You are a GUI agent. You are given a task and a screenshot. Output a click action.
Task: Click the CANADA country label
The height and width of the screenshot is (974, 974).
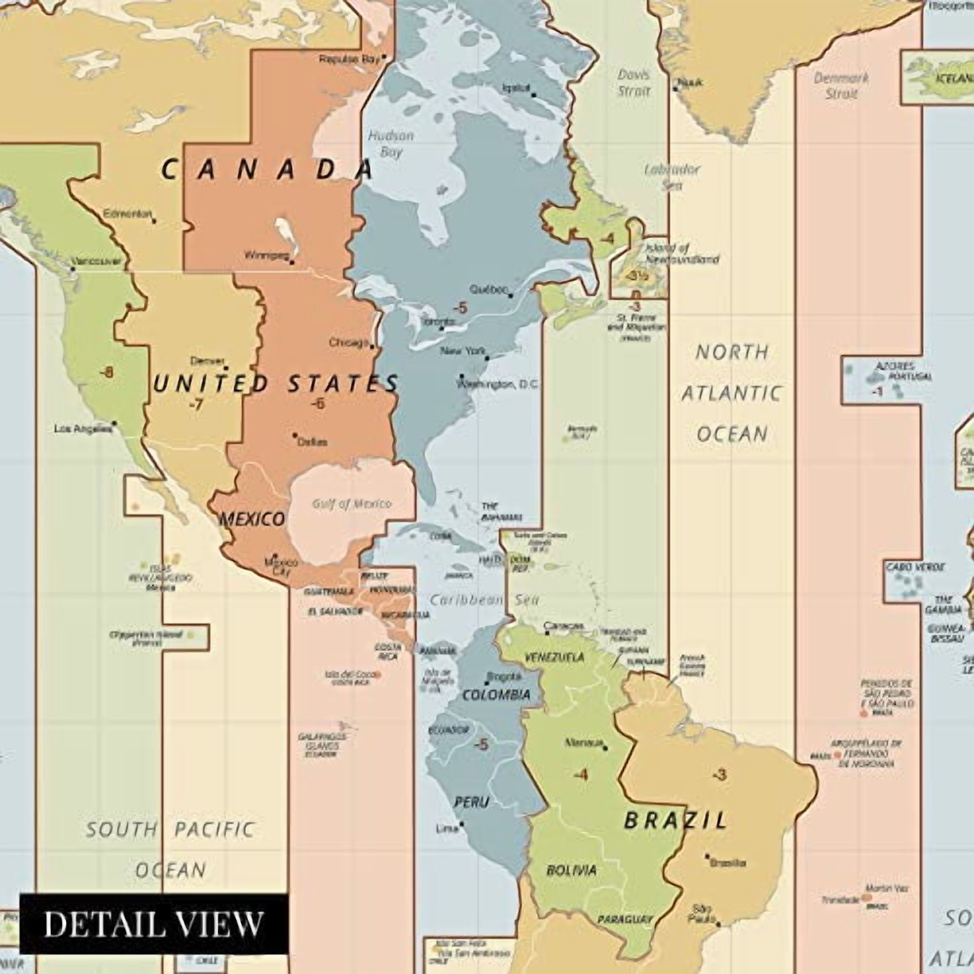[267, 169]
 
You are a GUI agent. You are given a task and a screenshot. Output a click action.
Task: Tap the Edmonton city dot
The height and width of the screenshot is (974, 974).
[154, 221]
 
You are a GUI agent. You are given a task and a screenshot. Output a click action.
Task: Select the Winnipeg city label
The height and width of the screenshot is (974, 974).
[266, 256]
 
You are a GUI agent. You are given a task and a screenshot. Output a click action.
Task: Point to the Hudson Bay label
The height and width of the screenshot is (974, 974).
[391, 144]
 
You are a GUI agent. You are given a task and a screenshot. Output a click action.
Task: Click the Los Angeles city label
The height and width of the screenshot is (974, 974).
[82, 429]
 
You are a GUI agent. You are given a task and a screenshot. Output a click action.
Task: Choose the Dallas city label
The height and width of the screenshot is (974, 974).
[312, 442]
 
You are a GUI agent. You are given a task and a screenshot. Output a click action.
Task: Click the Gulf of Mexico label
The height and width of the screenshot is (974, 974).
[352, 504]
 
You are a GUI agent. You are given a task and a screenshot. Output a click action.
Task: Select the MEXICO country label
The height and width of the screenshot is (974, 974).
[253, 519]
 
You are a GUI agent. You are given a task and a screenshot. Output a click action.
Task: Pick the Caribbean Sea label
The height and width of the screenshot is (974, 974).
[484, 599]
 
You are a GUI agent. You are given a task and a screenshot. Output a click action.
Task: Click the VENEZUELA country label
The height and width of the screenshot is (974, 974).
[555, 657]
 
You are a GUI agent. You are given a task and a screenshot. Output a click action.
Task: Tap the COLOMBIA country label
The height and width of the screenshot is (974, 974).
[496, 695]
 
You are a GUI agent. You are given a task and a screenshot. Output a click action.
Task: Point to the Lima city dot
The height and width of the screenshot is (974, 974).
[461, 824]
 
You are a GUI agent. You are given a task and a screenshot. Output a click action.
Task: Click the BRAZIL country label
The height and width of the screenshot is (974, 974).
[675, 821]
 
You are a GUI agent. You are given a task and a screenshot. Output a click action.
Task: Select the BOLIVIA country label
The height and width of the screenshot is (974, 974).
[571, 870]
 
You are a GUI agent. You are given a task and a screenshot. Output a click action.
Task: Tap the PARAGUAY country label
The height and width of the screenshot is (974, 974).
[625, 919]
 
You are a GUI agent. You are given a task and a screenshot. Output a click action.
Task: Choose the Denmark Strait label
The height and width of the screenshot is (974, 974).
[841, 86]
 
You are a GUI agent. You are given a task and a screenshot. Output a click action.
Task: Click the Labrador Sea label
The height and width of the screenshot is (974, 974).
[672, 177]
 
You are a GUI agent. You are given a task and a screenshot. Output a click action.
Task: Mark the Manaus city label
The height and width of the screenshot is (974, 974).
[584, 743]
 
